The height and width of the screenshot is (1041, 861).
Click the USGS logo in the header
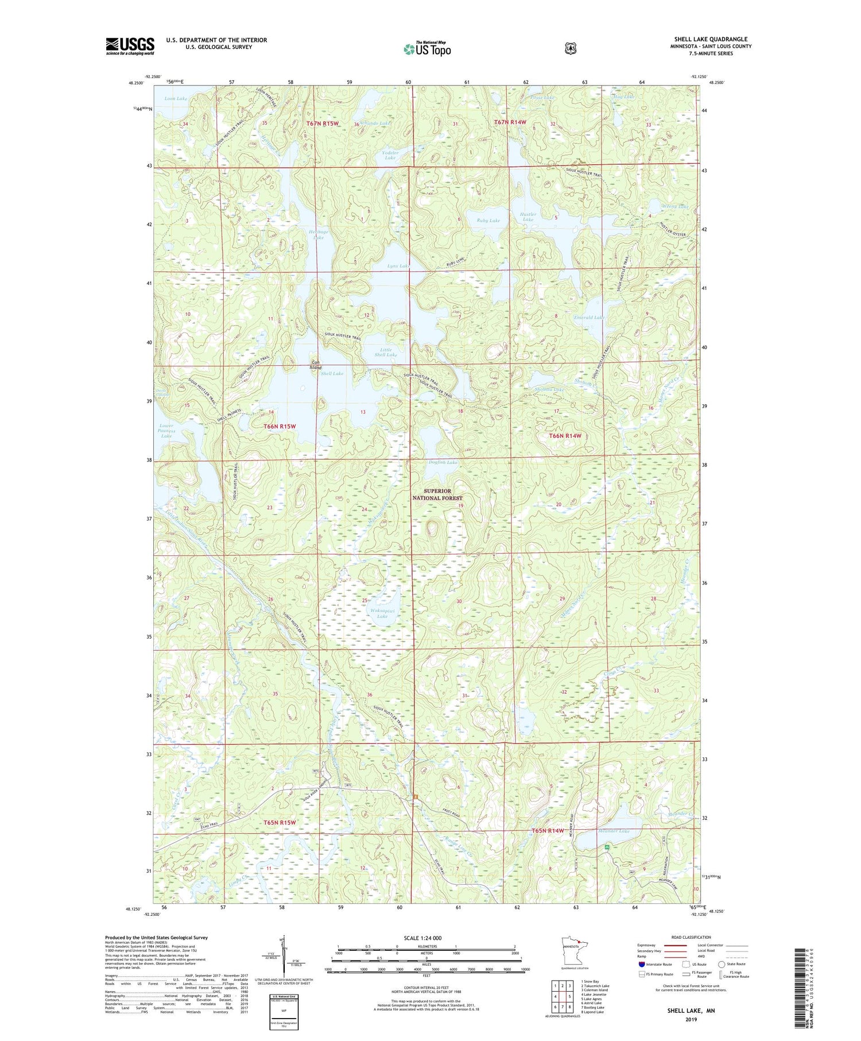point(130,46)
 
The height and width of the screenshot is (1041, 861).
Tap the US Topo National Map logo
point(427,49)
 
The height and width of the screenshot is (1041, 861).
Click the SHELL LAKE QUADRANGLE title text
point(711,39)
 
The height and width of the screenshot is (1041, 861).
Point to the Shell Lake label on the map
point(332,374)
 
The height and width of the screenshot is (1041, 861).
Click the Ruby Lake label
point(488,220)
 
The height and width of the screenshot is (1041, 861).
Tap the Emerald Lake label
point(589,317)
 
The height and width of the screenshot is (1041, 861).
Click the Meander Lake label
point(614,831)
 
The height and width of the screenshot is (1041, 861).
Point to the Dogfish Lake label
point(443,462)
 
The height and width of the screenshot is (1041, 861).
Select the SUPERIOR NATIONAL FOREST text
point(437,494)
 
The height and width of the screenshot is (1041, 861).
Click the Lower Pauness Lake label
point(166,431)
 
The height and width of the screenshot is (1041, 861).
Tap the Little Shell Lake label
point(385,352)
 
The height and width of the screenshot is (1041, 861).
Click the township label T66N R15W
point(280,426)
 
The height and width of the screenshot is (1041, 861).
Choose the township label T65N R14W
point(548,830)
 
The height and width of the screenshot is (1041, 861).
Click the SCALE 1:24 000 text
point(422,938)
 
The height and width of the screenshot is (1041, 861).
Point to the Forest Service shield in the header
point(570,49)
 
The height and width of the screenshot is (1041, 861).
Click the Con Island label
point(316,365)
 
